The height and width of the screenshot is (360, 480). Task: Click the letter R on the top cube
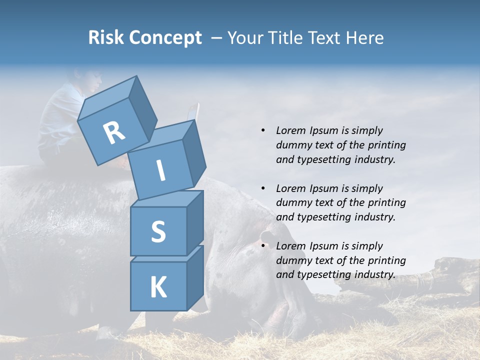click(x=114, y=133)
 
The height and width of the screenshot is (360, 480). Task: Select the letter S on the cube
click(x=158, y=231)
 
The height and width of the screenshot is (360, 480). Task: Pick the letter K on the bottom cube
click(x=158, y=287)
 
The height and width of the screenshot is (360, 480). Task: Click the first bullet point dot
click(x=263, y=130)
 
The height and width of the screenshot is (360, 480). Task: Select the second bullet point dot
click(x=263, y=188)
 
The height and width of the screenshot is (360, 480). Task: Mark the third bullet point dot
click(x=263, y=246)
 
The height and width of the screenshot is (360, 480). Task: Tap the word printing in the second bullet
click(x=386, y=203)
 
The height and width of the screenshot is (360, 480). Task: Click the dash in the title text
click(x=217, y=38)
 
